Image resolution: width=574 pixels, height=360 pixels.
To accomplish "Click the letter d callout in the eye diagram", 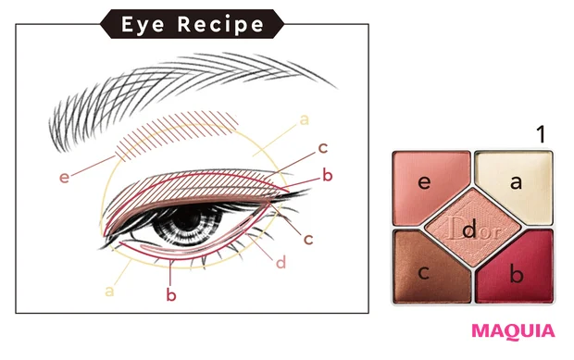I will [x=281, y=262].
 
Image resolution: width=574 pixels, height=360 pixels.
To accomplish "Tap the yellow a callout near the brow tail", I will [x=303, y=119].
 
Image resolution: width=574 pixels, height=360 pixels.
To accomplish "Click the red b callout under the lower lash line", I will [x=171, y=294].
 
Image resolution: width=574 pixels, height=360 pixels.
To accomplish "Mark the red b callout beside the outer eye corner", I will [x=326, y=175].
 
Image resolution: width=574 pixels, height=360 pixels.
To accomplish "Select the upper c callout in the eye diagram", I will [x=322, y=147].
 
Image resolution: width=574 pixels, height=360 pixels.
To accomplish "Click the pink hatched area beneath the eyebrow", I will [x=176, y=136].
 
